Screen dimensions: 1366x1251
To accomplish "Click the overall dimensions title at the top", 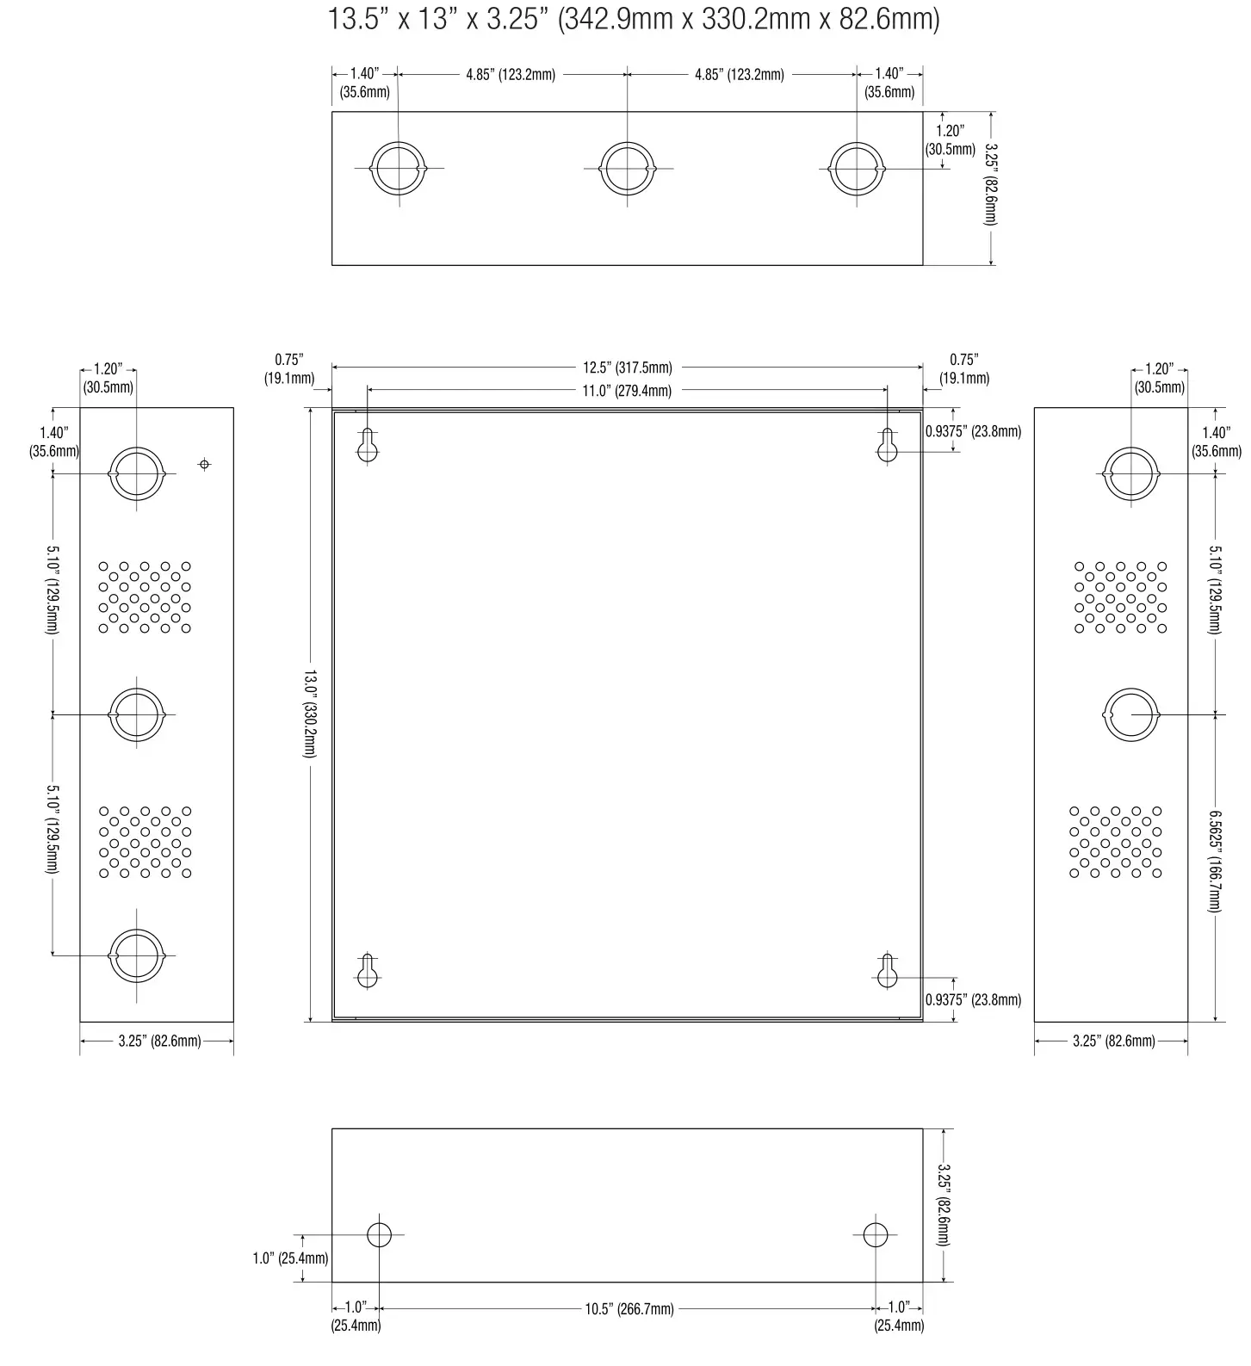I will click(633, 19).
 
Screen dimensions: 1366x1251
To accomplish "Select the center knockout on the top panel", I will click(628, 168).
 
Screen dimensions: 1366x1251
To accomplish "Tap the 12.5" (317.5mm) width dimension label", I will click(627, 368).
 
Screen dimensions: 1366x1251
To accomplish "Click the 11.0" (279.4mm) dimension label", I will click(627, 391).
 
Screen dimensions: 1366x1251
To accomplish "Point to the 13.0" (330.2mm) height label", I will click(309, 714).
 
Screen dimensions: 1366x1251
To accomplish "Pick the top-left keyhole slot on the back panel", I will click(368, 446).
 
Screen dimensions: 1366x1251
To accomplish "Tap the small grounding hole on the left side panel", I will click(204, 464).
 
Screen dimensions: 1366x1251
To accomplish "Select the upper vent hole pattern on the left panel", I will click(145, 596).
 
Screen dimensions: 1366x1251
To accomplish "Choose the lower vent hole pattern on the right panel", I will click(1115, 841).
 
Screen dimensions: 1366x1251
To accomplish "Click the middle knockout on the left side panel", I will click(136, 714).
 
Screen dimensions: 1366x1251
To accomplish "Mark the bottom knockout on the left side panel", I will click(136, 955).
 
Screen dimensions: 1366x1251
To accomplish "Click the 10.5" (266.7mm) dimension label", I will click(629, 1309).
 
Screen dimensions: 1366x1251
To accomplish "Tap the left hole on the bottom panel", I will click(379, 1234).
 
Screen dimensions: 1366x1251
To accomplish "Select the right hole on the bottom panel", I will click(876, 1234).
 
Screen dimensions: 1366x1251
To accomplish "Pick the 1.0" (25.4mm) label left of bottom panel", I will click(289, 1258).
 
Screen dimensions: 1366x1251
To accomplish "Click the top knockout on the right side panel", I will click(1130, 473).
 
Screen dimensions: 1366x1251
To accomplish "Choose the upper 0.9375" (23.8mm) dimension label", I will click(973, 431).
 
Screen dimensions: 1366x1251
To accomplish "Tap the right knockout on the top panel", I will click(857, 168).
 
